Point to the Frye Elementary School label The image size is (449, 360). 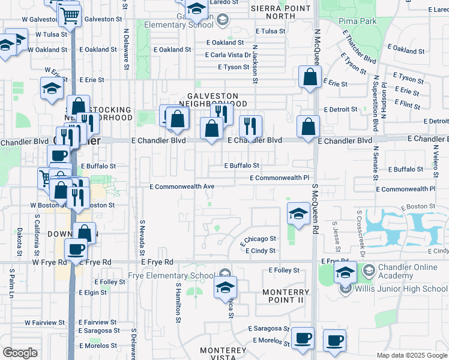click(x=171, y=276)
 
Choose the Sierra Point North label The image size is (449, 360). click(x=281, y=12)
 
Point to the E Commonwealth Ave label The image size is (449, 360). click(x=182, y=187)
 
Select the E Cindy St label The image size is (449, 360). click(x=261, y=251)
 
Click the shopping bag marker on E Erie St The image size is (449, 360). click(x=309, y=77)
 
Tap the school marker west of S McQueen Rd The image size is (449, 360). click(x=298, y=214)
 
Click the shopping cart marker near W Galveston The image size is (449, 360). click(x=70, y=15)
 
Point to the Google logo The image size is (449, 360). click(x=20, y=353)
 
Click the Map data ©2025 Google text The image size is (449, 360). click(x=412, y=355)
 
